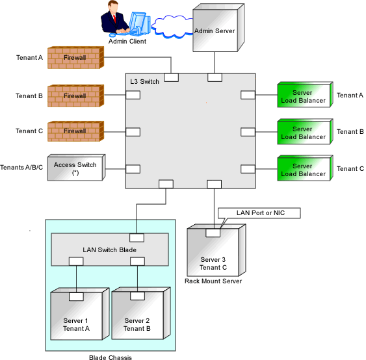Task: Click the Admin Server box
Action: pos(218,27)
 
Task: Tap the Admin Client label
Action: pos(127,42)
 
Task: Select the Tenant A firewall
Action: pos(75,57)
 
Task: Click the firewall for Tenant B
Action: pos(75,96)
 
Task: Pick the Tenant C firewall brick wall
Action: pos(75,131)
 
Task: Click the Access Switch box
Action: pos(76,167)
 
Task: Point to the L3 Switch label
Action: pos(144,82)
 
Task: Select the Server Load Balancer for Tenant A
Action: pos(305,94)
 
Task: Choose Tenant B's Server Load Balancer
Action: pos(305,131)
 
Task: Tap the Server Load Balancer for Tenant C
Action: pos(305,168)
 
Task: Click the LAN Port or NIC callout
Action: pos(259,213)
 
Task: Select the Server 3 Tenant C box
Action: pos(216,250)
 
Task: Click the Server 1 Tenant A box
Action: pos(80,314)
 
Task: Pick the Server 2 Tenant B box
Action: pos(141,313)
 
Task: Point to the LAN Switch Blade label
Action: pos(109,250)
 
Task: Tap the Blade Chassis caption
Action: pos(111,357)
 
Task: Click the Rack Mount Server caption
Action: pos(213,281)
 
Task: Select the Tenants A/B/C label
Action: pos(21,168)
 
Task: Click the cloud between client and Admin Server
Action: pos(173,27)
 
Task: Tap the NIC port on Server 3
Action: pos(213,233)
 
